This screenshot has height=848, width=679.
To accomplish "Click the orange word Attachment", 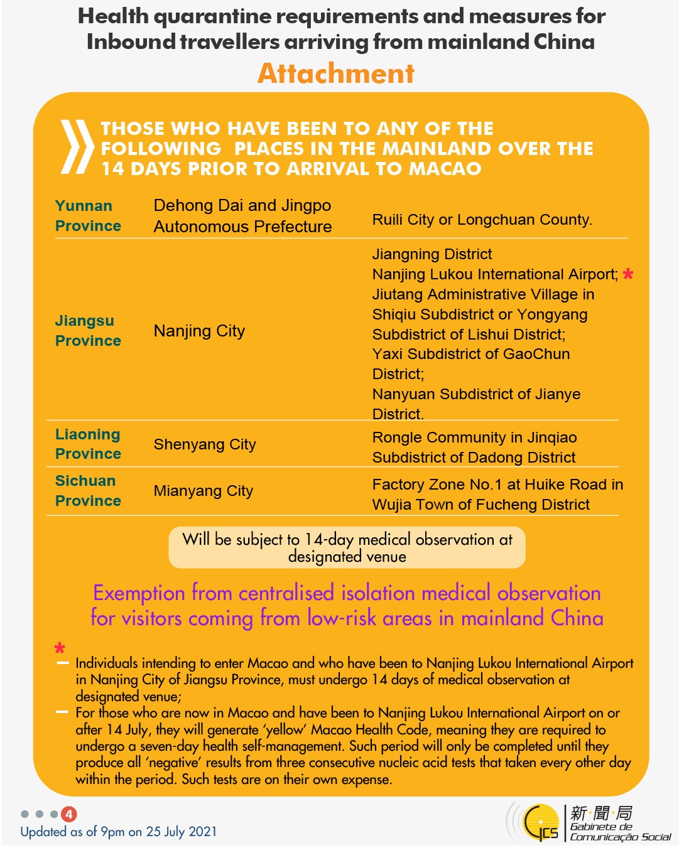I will [x=336, y=73].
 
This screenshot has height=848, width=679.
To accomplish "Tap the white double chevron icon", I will [x=77, y=147].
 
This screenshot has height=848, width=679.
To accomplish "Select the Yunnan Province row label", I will [x=88, y=215].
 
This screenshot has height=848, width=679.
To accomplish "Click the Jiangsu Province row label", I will [x=88, y=330].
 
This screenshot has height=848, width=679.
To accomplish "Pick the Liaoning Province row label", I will [x=88, y=444].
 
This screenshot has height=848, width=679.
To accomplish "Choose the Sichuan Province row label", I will [x=88, y=490].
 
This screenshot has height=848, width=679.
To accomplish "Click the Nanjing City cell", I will [x=199, y=331].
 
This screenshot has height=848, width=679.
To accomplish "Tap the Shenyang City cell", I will [x=205, y=444].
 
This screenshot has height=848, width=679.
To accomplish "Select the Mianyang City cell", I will [x=204, y=491].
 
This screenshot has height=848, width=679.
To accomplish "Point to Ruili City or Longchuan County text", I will [x=482, y=220].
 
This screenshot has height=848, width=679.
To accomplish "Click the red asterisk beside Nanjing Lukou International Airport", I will [x=628, y=274].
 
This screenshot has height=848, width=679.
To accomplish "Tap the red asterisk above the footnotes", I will [x=60, y=648].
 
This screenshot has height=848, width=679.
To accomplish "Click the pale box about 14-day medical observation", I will [x=347, y=547].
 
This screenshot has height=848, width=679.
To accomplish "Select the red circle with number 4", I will [x=69, y=814].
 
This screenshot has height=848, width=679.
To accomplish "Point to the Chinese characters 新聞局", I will [x=601, y=813].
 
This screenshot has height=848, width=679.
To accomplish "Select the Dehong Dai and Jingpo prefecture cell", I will [x=242, y=215].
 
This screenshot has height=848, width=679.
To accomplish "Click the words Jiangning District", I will [x=432, y=254].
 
